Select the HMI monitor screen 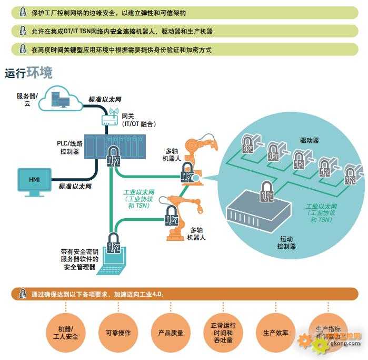[x=35, y=180]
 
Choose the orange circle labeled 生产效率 [x=275, y=333]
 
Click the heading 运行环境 [x=28, y=73]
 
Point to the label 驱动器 [x=310, y=141]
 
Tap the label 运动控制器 [x=286, y=242]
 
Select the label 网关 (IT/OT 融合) [x=138, y=120]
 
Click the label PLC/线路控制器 [x=69, y=147]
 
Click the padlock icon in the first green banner [x=23, y=13]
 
